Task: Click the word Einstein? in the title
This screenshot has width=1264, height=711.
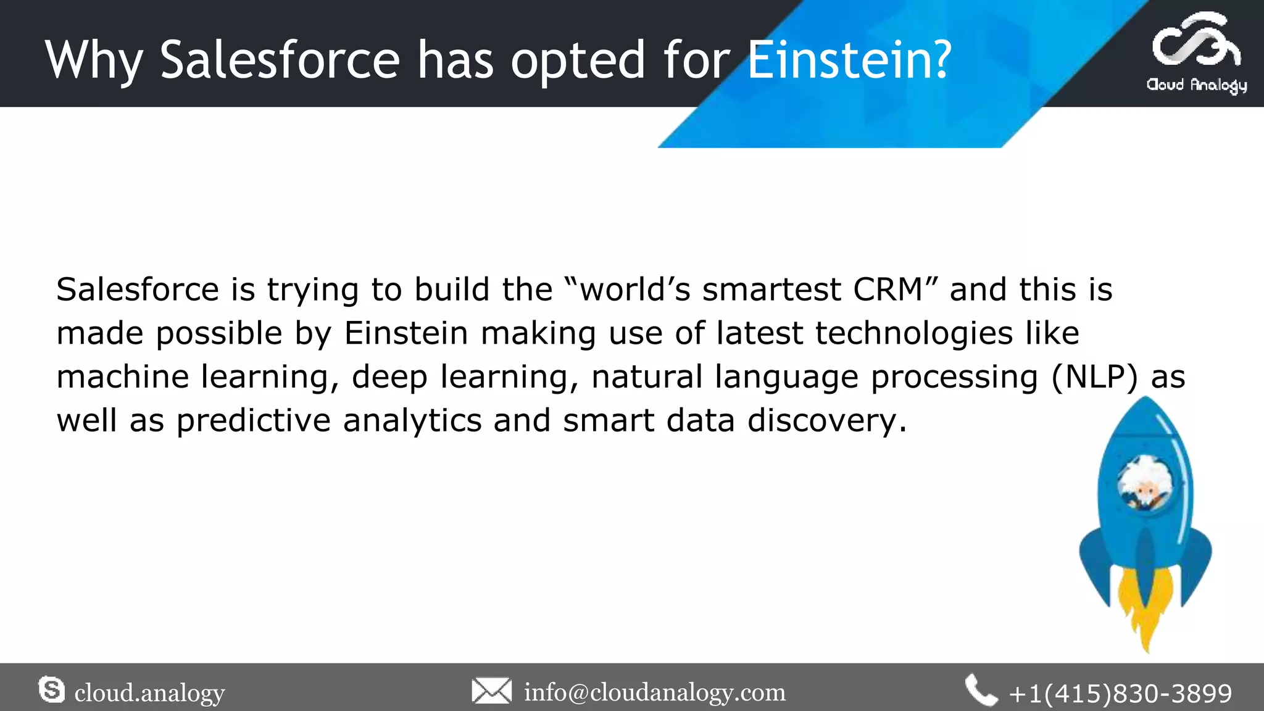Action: pos(849,60)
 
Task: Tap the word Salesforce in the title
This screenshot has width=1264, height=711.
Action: pos(280,60)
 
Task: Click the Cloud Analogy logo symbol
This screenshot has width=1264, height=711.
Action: pos(1195,42)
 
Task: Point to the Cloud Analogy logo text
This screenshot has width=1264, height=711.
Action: pos(1196,85)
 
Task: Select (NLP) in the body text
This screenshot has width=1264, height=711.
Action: pos(1094,376)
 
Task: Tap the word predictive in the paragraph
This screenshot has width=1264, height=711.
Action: pos(254,421)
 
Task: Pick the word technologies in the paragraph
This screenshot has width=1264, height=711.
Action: pos(913,333)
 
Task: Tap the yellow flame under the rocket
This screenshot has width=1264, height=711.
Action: pos(1145,611)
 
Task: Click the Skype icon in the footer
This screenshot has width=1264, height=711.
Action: pos(51,689)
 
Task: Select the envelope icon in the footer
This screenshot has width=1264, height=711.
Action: pos(491,691)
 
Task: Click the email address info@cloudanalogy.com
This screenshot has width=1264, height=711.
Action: pos(654,692)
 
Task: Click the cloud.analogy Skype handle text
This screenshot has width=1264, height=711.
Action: pos(149,693)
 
